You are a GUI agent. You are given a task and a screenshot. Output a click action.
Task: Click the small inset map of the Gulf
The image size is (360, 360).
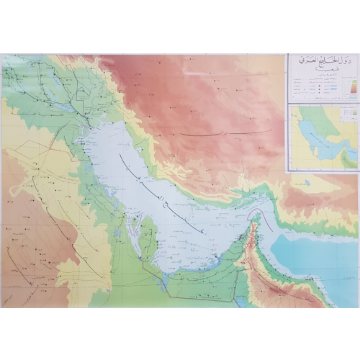(323, 138)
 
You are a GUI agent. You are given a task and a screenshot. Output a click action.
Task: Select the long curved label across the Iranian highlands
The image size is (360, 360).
(223, 133)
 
